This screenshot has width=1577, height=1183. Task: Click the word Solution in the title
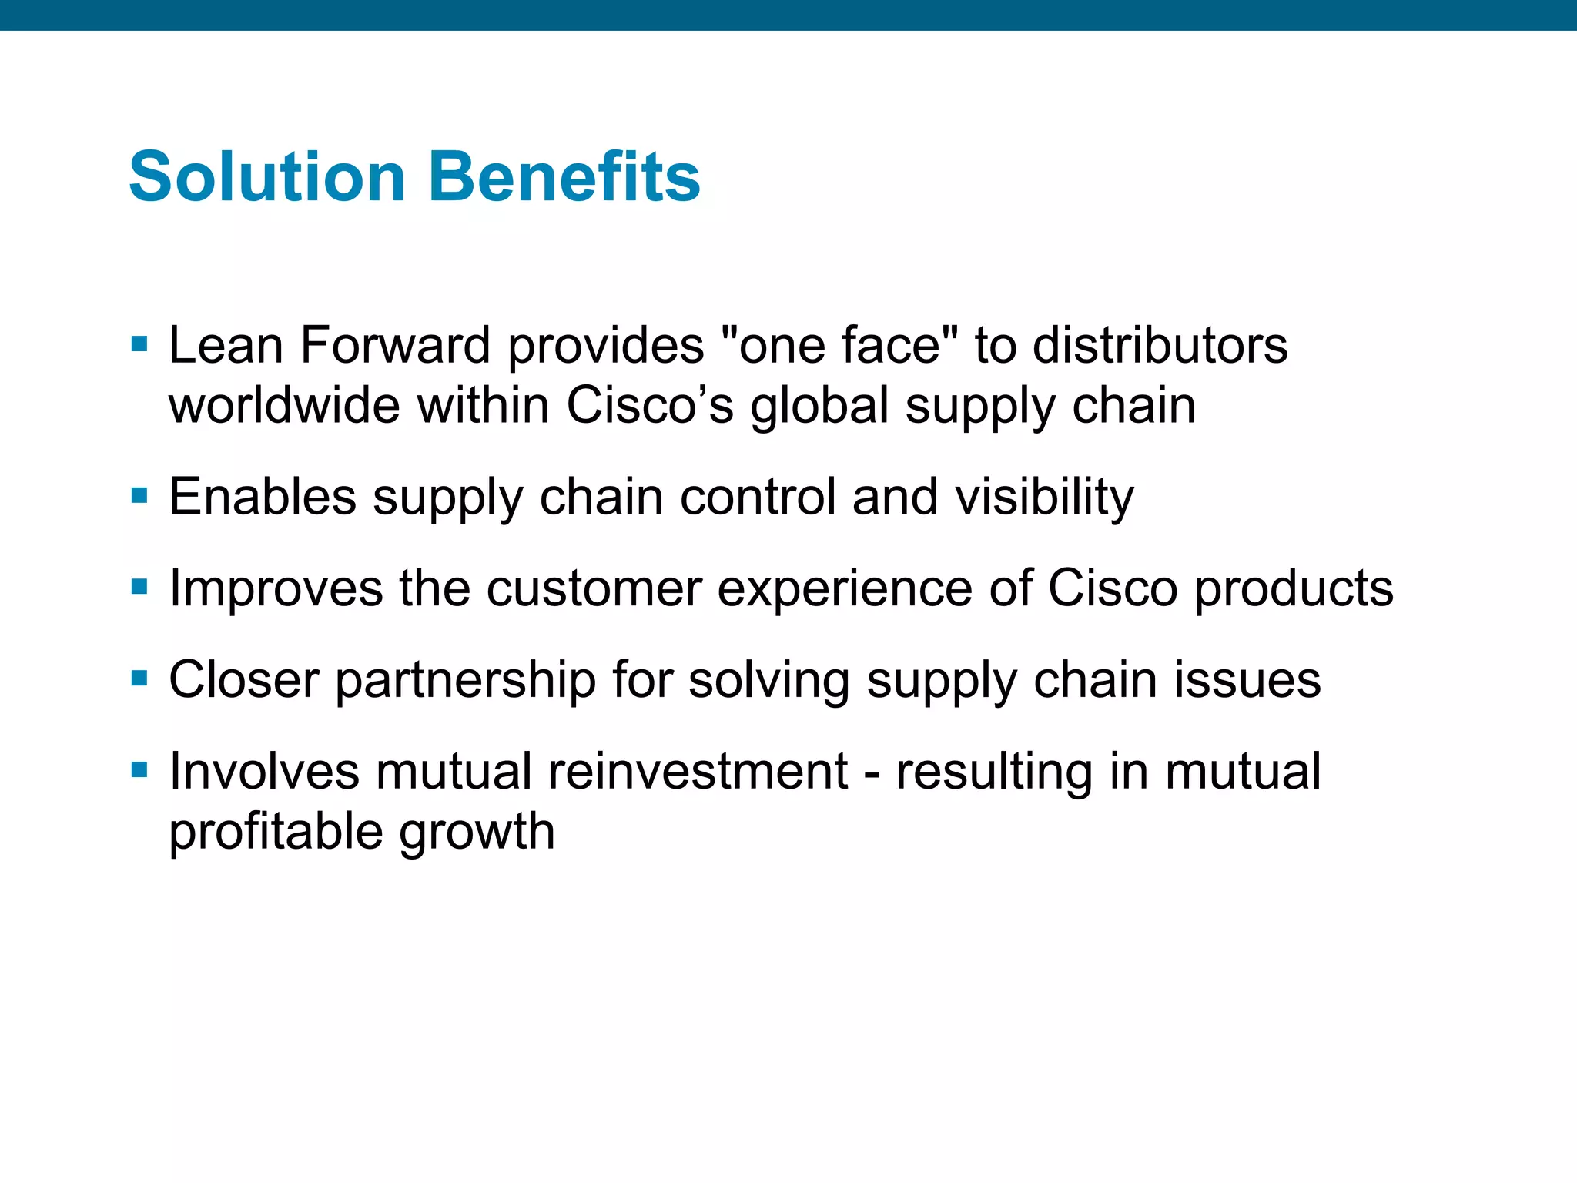pos(266,177)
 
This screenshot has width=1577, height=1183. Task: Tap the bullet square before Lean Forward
pos(139,344)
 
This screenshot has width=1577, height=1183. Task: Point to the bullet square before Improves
pos(139,587)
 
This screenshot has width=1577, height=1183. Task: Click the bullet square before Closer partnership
pos(139,679)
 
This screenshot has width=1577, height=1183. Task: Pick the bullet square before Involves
pos(139,769)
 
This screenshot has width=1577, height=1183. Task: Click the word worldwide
pos(283,405)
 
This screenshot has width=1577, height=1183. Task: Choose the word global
pos(819,405)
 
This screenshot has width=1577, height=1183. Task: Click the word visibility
pos(1044,497)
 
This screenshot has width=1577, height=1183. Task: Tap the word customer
pos(594,588)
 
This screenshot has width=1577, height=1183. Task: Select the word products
pos(1293,588)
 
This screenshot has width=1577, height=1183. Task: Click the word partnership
pos(465,680)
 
